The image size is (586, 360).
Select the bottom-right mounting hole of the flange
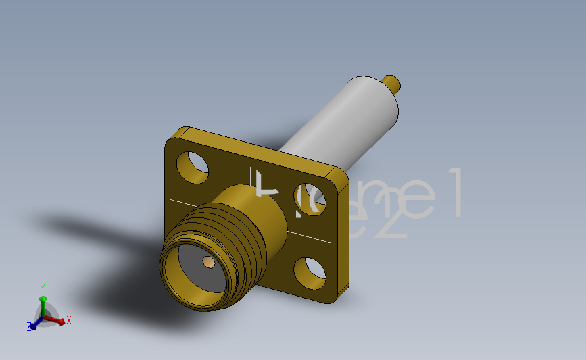click(310, 272)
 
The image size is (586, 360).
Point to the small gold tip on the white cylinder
click(392, 84)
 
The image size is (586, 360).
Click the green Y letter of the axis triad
click(43, 287)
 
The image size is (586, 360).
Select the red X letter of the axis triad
click(69, 320)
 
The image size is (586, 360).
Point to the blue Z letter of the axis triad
click(30, 327)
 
